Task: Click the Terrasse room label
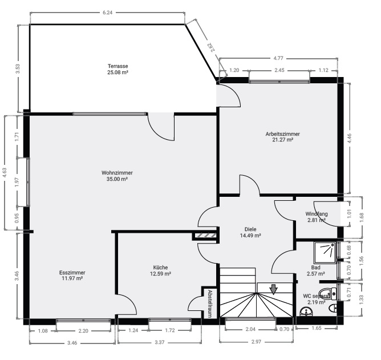coord(117,65)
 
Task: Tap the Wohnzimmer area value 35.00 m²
coord(117,179)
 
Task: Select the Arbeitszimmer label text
coord(282,134)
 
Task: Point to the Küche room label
coord(160,267)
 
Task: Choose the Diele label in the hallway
coord(250,229)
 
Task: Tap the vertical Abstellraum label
coord(210,303)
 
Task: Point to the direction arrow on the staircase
coord(274,289)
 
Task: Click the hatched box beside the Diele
coord(204,234)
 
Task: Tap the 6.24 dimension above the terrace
coord(107,13)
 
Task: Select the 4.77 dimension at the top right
coord(278,58)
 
